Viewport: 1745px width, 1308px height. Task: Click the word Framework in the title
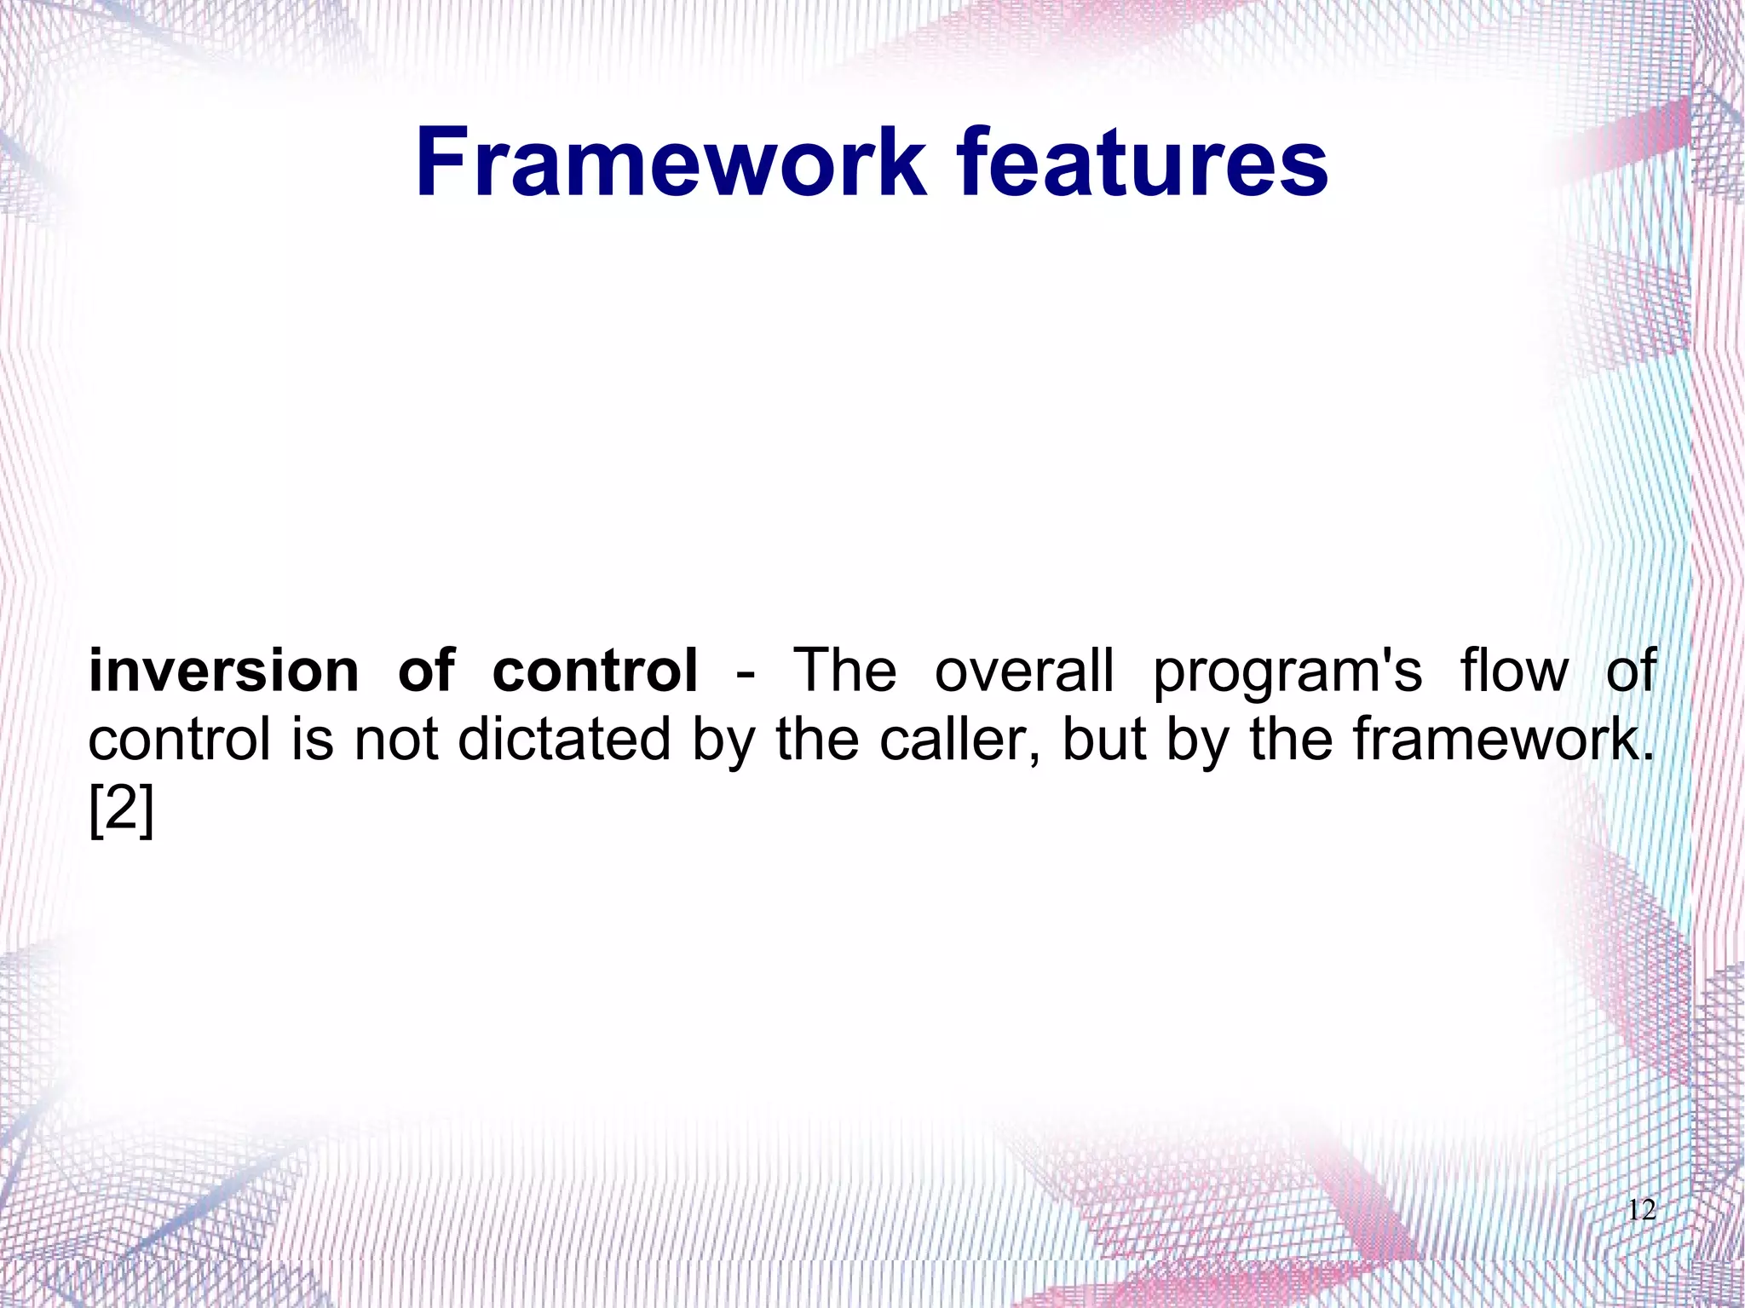pos(670,162)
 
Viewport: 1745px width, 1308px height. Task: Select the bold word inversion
pos(224,671)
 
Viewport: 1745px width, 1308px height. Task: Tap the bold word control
pos(595,671)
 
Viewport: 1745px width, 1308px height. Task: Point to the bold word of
pos(427,671)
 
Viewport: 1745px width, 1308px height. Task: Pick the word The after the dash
pos(844,671)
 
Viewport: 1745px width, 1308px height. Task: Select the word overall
pos(1024,671)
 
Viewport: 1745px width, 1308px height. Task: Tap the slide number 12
pos(1641,1210)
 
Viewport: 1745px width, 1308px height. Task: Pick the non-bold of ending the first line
pos(1631,671)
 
